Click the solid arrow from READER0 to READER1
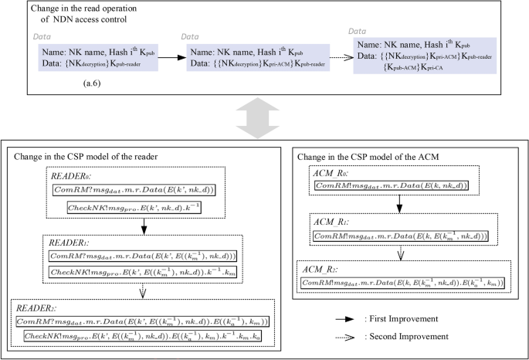point(144,226)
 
